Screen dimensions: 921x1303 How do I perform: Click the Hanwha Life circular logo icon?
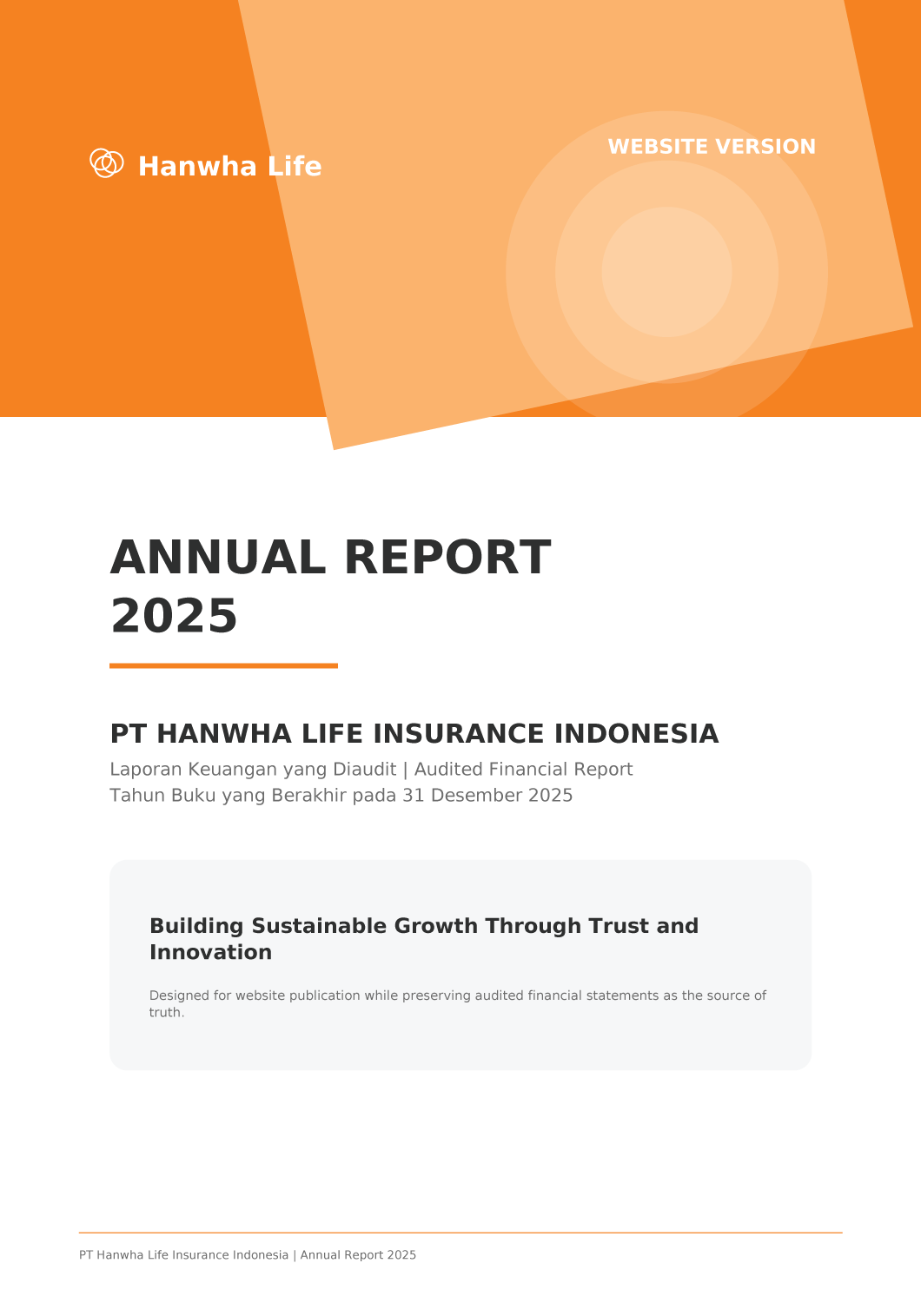pyautogui.click(x=107, y=163)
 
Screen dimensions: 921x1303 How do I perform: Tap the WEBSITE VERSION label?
pyautogui.click(x=712, y=147)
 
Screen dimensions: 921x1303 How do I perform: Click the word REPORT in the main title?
pyautogui.click(x=447, y=558)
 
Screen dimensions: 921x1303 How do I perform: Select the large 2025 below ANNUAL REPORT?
pyautogui.click(x=174, y=615)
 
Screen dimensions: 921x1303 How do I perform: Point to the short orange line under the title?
pyautogui.click(x=223, y=665)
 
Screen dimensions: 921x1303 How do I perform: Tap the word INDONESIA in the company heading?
pyautogui.click(x=637, y=733)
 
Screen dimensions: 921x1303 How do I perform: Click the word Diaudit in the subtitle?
pyautogui.click(x=365, y=769)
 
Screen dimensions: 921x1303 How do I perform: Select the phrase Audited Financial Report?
pyautogui.click(x=523, y=769)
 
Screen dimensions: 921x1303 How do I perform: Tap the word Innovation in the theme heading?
pyautogui.click(x=210, y=952)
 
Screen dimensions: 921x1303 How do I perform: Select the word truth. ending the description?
pyautogui.click(x=167, y=1012)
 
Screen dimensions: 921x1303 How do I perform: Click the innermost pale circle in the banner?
pyautogui.click(x=666, y=272)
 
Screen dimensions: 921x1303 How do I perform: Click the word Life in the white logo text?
pyautogui.click(x=295, y=167)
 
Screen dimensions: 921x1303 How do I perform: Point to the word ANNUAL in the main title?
pyautogui.click(x=218, y=558)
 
